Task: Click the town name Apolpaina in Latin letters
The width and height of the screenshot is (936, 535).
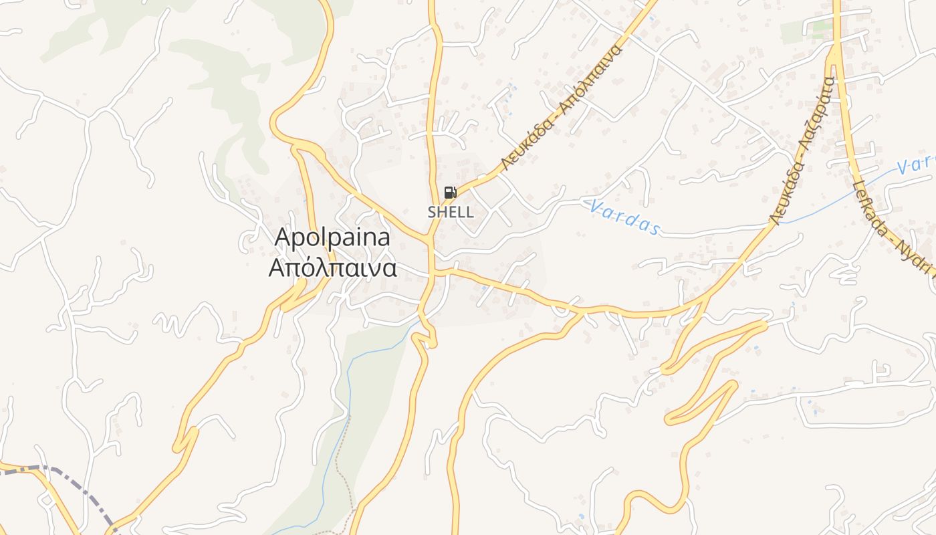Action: pyautogui.click(x=333, y=238)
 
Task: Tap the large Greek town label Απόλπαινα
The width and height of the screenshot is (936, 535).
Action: pyautogui.click(x=333, y=268)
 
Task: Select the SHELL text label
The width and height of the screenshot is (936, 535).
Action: pyautogui.click(x=451, y=212)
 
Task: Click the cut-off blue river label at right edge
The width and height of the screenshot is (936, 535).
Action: pyautogui.click(x=916, y=165)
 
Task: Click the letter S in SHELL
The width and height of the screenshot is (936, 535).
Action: pyautogui.click(x=432, y=212)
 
